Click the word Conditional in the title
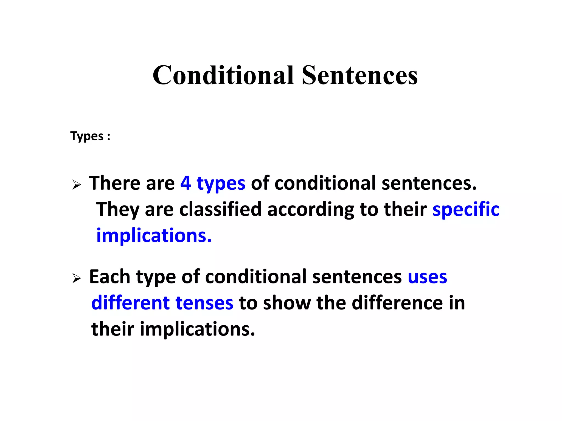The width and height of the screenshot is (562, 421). [x=223, y=75]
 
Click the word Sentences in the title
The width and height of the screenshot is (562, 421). [x=359, y=75]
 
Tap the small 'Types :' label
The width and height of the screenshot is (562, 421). [x=90, y=136]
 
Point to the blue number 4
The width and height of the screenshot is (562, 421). [x=186, y=183]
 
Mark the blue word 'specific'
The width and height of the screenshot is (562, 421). [x=466, y=209]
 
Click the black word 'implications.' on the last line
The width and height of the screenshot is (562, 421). [x=198, y=329]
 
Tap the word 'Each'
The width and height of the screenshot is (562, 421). [x=109, y=277]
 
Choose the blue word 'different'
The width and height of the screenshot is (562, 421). [x=131, y=303]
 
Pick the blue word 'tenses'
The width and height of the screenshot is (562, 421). [x=204, y=303]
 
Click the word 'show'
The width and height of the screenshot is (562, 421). [x=286, y=303]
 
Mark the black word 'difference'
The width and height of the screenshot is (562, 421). [x=397, y=303]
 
